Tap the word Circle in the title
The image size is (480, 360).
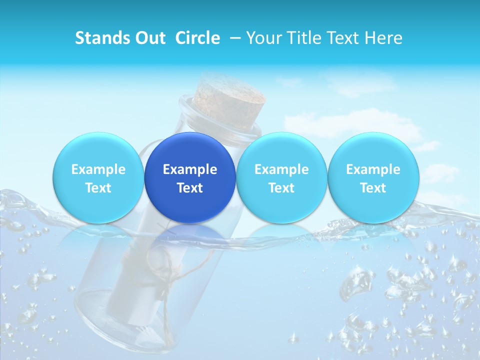click(197, 38)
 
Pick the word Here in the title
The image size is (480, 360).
click(383, 38)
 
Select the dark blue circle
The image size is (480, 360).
click(190, 177)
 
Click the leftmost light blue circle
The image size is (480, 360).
click(98, 177)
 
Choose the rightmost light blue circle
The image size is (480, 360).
click(373, 177)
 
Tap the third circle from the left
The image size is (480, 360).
click(281, 177)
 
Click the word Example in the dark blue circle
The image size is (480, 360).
click(190, 169)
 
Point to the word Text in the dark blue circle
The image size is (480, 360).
click(190, 188)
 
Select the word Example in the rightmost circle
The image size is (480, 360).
click(373, 169)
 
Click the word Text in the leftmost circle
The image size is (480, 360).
click(98, 188)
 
